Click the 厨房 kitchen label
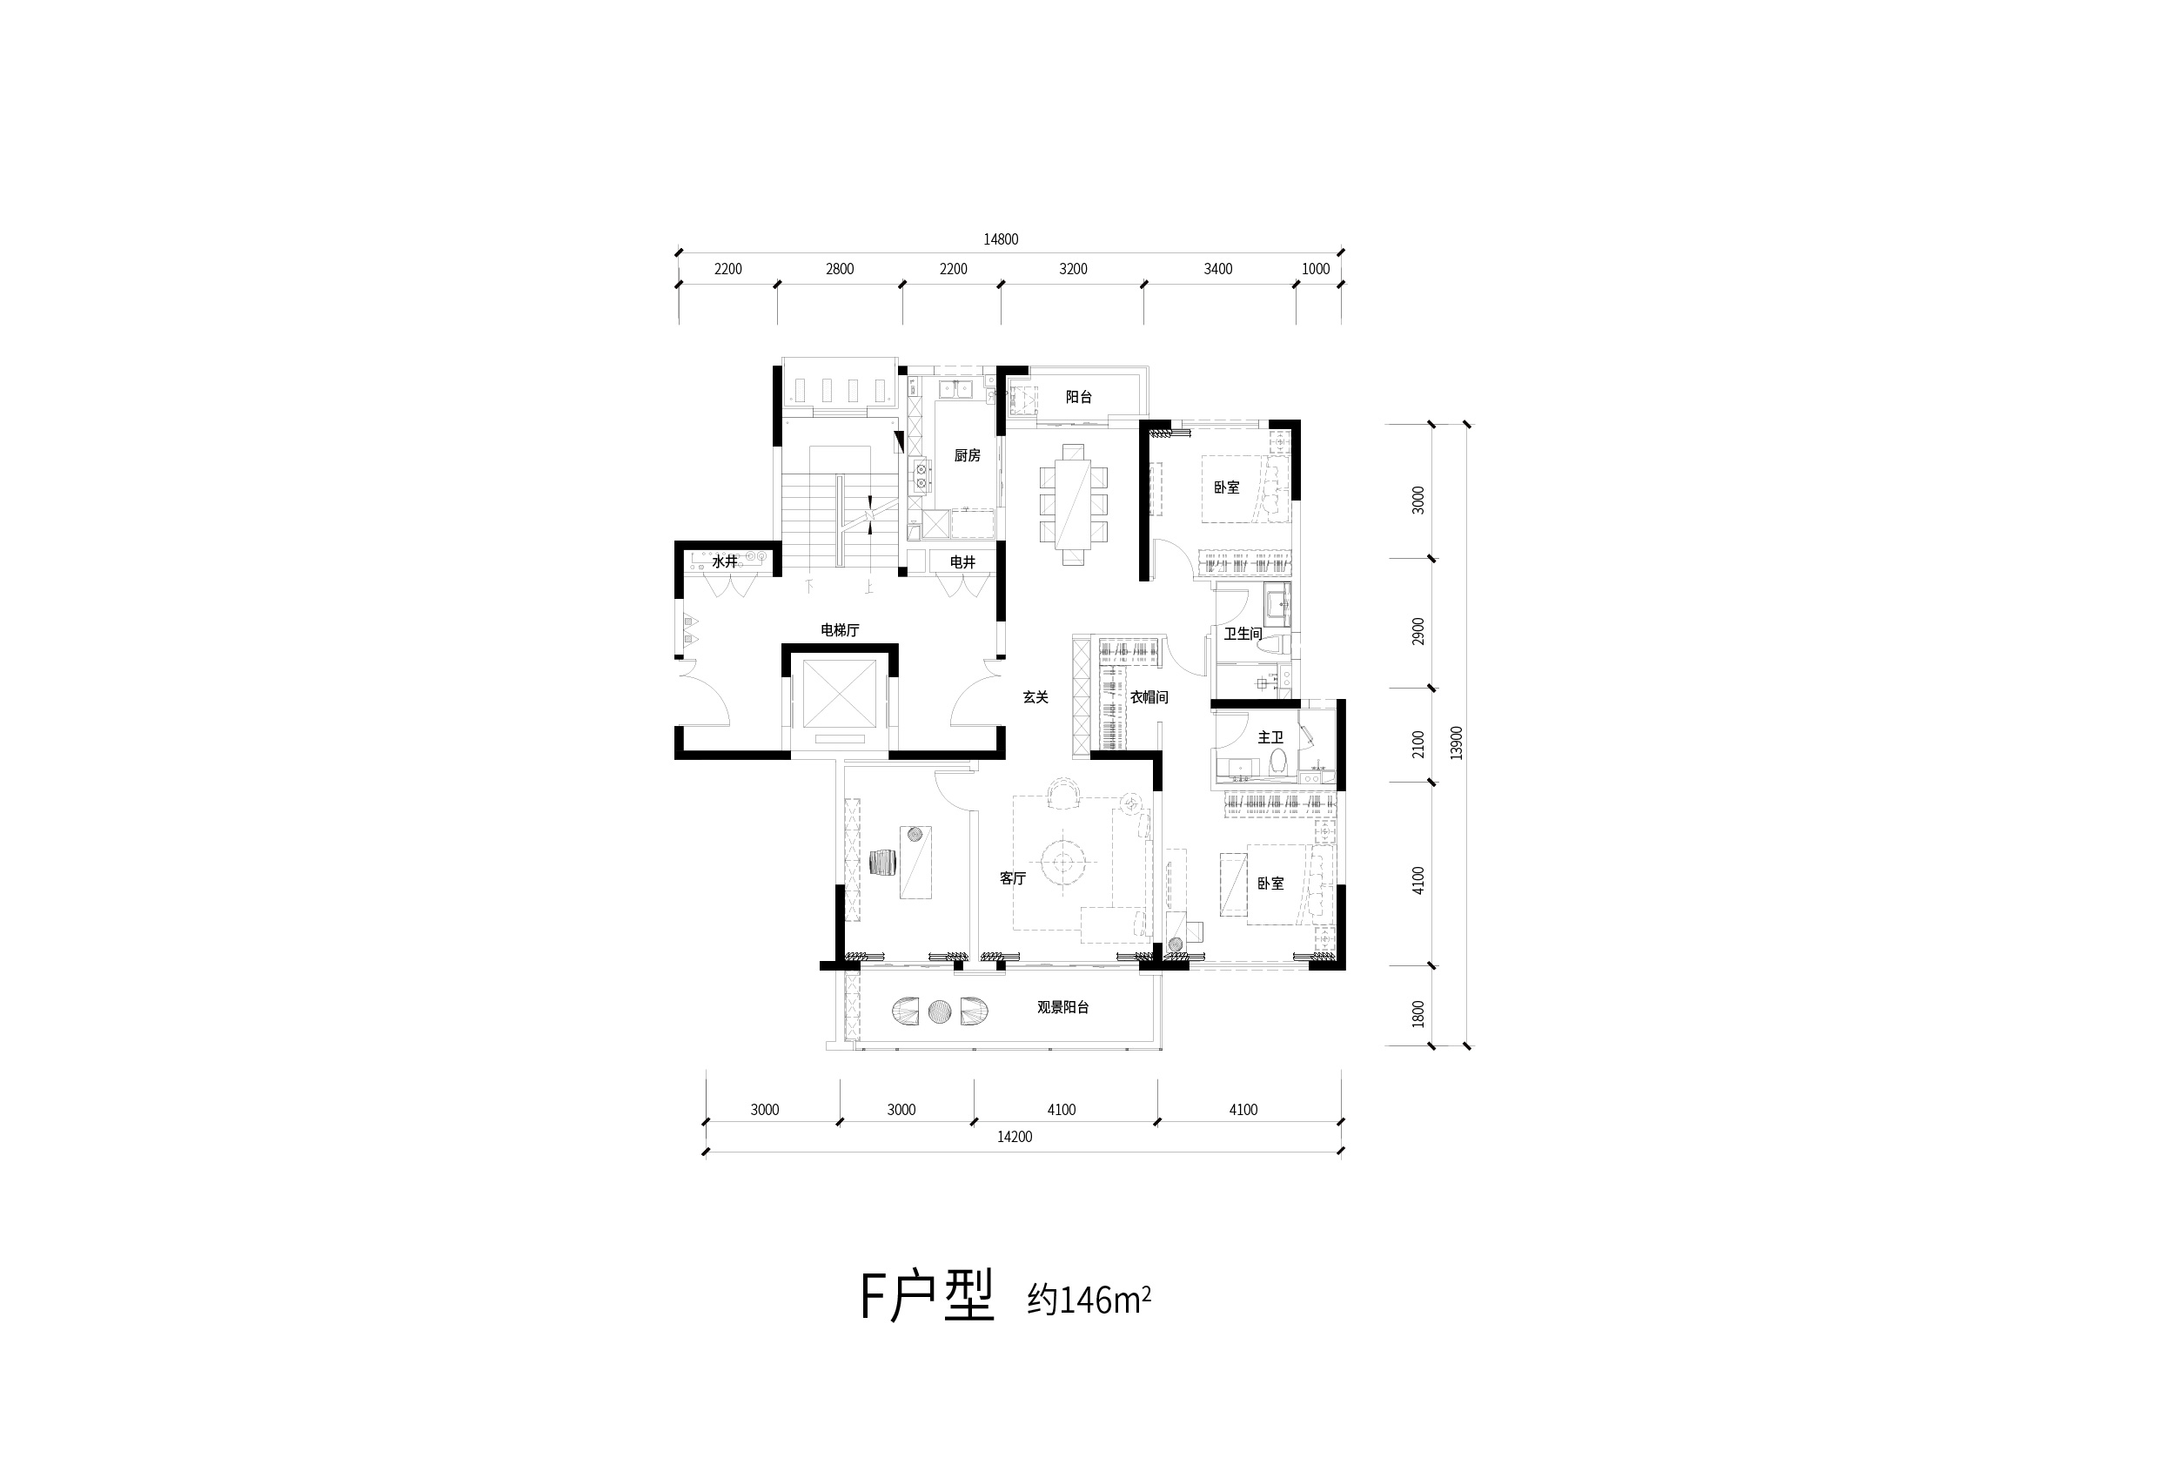(967, 455)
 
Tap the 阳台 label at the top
(1078, 397)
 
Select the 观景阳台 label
(1062, 1007)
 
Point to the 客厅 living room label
(1012, 878)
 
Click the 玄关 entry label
(1035, 696)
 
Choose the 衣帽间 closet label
(1149, 696)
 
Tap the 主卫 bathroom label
(1270, 736)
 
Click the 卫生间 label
(1243, 634)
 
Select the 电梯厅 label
(840, 630)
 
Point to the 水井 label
(724, 561)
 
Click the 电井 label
(963, 562)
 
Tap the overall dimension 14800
(1001, 239)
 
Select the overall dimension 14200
(1014, 1136)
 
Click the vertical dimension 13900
(1456, 743)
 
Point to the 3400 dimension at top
(1217, 268)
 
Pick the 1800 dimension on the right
(1418, 1013)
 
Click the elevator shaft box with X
(840, 694)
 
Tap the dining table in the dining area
(1074, 504)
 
